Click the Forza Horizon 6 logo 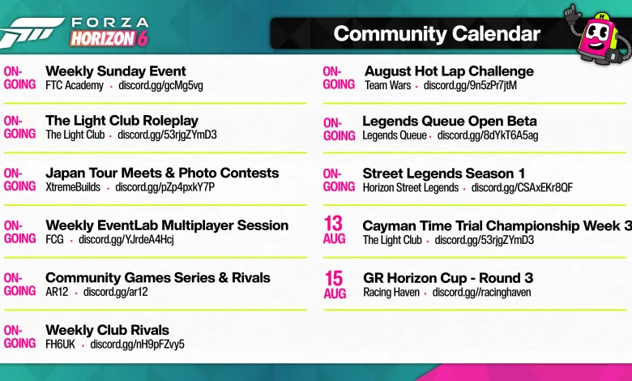click(x=75, y=32)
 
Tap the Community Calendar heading click(x=437, y=34)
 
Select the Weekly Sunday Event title click(x=116, y=71)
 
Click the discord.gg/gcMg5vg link click(x=160, y=85)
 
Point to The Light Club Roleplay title click(x=122, y=121)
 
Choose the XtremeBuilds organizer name click(x=73, y=187)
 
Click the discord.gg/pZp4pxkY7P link click(x=164, y=187)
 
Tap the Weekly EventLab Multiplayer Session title click(x=167, y=225)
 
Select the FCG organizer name click(x=54, y=239)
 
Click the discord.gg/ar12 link click(x=115, y=292)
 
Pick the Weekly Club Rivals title click(x=107, y=330)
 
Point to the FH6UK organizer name click(x=60, y=345)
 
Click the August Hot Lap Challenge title click(x=449, y=71)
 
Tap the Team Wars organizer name click(x=388, y=85)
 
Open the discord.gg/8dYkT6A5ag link click(x=488, y=135)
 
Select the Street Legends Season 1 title click(x=444, y=173)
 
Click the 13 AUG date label click(x=334, y=230)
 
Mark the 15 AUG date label click(x=335, y=285)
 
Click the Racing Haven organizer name click(x=391, y=293)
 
